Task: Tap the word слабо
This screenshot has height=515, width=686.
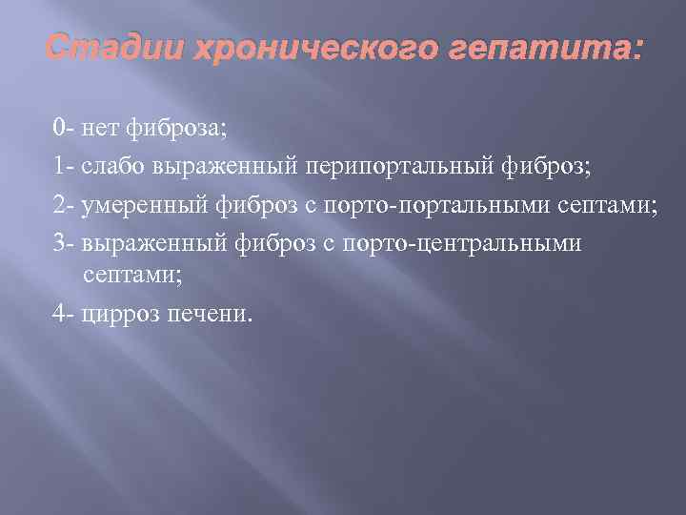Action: pyautogui.click(x=109, y=167)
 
